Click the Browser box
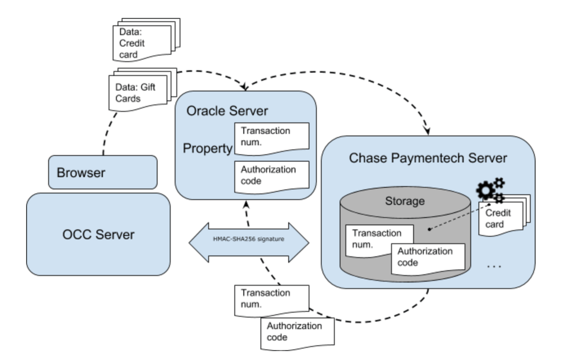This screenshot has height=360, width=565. pyautogui.click(x=102, y=172)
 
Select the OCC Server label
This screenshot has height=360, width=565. pyautogui.click(x=98, y=234)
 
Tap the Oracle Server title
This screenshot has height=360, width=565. pyautogui.click(x=227, y=110)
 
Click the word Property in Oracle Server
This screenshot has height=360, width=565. pyautogui.click(x=207, y=148)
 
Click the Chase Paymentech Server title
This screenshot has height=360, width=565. pyautogui.click(x=428, y=158)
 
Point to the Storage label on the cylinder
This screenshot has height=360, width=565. pyautogui.click(x=405, y=201)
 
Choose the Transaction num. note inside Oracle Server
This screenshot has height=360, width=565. pyautogui.click(x=271, y=137)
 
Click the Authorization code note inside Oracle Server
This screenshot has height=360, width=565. pyautogui.click(x=271, y=176)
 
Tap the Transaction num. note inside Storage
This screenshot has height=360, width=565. pyautogui.click(x=378, y=240)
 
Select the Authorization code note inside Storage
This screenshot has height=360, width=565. pyautogui.click(x=428, y=258)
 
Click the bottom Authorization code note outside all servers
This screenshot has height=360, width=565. pyautogui.click(x=297, y=332)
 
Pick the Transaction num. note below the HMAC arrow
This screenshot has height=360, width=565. pyautogui.click(x=271, y=299)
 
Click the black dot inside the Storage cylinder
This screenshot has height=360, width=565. pyautogui.click(x=429, y=229)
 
